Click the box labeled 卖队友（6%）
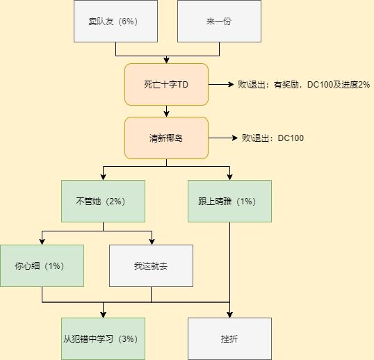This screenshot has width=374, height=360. pyautogui.click(x=115, y=22)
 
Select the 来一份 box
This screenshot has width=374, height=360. pyautogui.click(x=219, y=22)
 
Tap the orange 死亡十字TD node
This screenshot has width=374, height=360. pyautogui.click(x=166, y=84)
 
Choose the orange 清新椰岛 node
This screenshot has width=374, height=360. pyautogui.click(x=166, y=138)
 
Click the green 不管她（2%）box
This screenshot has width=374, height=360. pyautogui.click(x=103, y=202)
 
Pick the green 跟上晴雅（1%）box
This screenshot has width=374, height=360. pyautogui.click(x=229, y=202)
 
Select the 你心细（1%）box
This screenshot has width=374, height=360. pyautogui.click(x=42, y=265)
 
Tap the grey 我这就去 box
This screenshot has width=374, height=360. pyautogui.click(x=152, y=265)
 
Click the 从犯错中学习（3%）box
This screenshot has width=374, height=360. pyautogui.click(x=103, y=338)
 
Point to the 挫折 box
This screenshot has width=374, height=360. pyautogui.click(x=229, y=338)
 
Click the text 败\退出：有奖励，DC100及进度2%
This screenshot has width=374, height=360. pyautogui.click(x=304, y=85)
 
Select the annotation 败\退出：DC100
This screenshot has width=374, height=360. pyautogui.click(x=273, y=138)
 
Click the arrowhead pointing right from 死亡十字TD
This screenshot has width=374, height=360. pyautogui.click(x=231, y=84)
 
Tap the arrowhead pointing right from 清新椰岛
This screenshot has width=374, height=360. pyautogui.click(x=235, y=138)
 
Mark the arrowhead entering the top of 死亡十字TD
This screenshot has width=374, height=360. pyautogui.click(x=166, y=60)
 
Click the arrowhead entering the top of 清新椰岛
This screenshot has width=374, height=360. pyautogui.click(x=166, y=114)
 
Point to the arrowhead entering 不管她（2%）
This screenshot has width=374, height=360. pyautogui.click(x=103, y=177)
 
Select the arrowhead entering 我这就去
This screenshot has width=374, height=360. pyautogui.click(x=152, y=242)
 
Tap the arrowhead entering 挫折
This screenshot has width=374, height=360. pyautogui.click(x=229, y=315)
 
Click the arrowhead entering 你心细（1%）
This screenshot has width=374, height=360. pyautogui.click(x=42, y=242)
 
